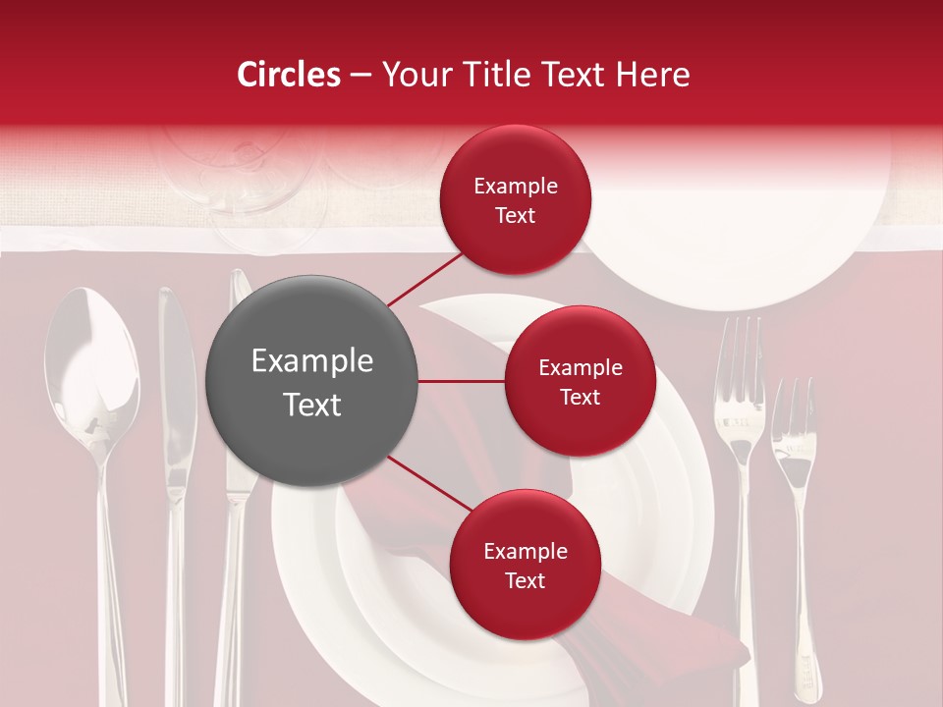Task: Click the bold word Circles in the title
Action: pyautogui.click(x=289, y=75)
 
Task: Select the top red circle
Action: pyautogui.click(x=515, y=200)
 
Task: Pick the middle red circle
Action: pyautogui.click(x=580, y=381)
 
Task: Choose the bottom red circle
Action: pyautogui.click(x=525, y=565)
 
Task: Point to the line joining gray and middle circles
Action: pyautogui.click(x=462, y=381)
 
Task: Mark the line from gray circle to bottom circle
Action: pyautogui.click(x=430, y=485)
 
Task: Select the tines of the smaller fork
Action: pyautogui.click(x=793, y=412)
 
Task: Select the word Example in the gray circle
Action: pyautogui.click(x=312, y=361)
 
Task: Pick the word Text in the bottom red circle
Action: pyautogui.click(x=525, y=580)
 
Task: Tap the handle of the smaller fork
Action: pyautogui.click(x=802, y=589)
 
